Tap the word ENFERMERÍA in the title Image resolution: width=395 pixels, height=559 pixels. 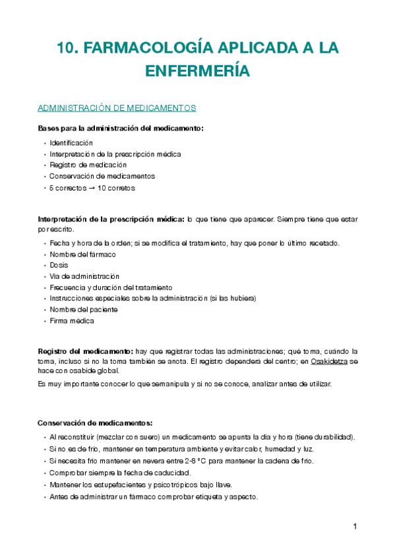click(x=197, y=71)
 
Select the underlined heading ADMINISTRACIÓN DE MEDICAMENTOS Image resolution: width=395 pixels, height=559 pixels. click(x=117, y=107)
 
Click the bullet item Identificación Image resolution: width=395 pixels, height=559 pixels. click(x=71, y=142)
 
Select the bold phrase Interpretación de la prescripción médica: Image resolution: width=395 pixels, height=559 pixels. click(x=111, y=219)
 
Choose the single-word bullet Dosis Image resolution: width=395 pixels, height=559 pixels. click(x=59, y=265)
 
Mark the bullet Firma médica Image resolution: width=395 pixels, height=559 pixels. click(x=71, y=321)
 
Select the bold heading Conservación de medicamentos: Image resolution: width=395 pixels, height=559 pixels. click(x=95, y=423)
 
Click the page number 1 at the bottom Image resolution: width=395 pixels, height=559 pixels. click(x=355, y=527)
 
